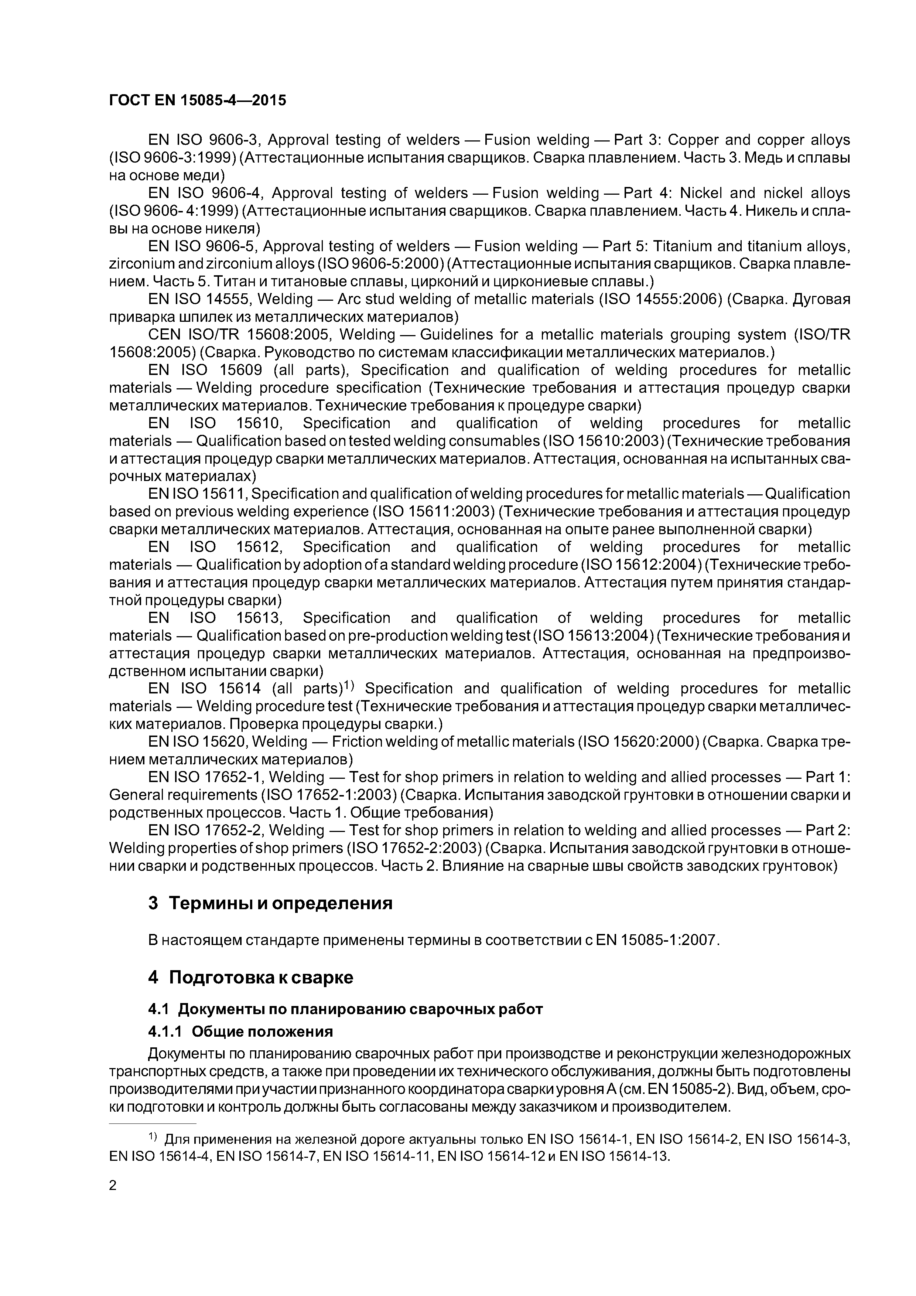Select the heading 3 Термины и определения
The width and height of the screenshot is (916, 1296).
tap(270, 903)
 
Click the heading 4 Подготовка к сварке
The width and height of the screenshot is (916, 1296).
tap(250, 977)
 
